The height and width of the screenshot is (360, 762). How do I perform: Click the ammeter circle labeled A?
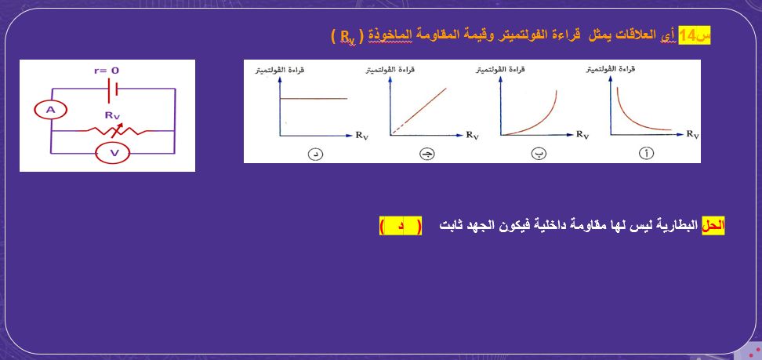click(x=50, y=111)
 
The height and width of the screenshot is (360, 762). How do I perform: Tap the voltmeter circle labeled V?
click(x=113, y=152)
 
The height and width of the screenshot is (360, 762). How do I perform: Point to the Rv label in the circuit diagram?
click(x=113, y=114)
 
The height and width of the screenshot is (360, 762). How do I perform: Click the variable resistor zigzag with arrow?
click(x=113, y=130)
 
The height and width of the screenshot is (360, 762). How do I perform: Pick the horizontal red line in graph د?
click(x=314, y=98)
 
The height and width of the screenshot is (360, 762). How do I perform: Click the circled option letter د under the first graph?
click(x=315, y=153)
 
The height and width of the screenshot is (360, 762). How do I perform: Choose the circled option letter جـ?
click(x=426, y=153)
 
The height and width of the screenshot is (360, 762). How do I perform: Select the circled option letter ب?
click(x=538, y=153)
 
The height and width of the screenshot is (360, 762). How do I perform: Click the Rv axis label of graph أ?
click(x=692, y=135)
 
